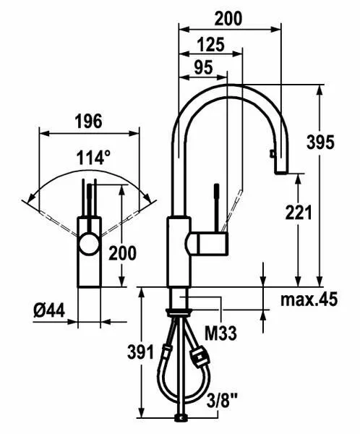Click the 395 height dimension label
(320, 142)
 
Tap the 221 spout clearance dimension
(298, 213)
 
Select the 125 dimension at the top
(211, 44)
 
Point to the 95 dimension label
(203, 67)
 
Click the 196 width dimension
(89, 122)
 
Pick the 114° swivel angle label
(93, 157)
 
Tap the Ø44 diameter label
(49, 310)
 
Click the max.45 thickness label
(309, 299)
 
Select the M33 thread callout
(220, 333)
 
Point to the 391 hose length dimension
(140, 352)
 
